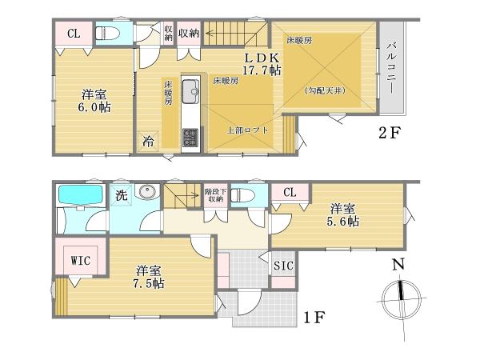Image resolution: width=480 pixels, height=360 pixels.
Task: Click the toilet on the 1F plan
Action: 242,195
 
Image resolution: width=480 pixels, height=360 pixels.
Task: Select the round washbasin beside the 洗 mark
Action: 147,192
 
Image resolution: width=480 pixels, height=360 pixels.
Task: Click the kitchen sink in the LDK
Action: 190,91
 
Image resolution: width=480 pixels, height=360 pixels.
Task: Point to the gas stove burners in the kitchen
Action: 190,137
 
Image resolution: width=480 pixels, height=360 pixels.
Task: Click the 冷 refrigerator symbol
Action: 148,142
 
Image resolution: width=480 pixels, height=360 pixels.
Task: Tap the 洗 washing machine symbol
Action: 122,195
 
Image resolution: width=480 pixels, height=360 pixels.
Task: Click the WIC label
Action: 81,261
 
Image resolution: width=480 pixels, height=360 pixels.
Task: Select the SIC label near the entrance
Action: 283,266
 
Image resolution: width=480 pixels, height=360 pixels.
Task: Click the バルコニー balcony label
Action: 391,68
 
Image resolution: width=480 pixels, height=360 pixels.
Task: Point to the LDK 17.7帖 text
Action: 262,64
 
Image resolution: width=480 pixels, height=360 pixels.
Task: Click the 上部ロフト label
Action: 247,130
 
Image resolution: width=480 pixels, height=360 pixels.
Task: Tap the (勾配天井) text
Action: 325,90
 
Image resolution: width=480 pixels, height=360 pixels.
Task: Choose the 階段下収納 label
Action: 215,195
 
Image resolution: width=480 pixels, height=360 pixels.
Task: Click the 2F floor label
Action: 390,133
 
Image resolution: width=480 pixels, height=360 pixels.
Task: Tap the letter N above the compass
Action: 398,264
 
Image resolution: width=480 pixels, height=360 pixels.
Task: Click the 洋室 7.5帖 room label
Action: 149,277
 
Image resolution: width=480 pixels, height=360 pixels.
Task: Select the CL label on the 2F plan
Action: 74,34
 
